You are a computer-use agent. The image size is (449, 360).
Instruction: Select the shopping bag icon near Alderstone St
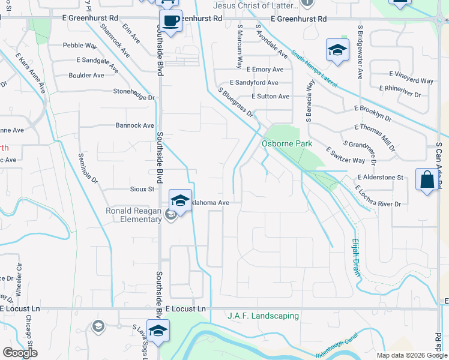pos(426,180)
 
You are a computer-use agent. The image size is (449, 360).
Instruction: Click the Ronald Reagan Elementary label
pos(134,215)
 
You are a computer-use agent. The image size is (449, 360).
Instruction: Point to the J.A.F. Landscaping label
pos(263,316)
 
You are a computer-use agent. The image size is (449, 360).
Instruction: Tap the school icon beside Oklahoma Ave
pos(180,200)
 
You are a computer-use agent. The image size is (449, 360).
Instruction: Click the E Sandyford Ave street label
pos(254,83)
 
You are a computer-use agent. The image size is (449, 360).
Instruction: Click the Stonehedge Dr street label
pos(134,92)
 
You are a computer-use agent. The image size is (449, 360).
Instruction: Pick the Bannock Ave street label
pos(135,125)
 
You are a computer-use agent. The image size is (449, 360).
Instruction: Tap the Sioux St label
pos(142,188)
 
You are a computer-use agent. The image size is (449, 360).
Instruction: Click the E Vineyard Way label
pos(411,81)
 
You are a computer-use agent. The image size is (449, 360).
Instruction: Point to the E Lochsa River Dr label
pos(378,197)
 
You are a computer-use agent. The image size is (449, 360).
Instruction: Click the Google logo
pos(20,353)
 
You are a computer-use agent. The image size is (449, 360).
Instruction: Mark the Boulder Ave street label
pos(86,76)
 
